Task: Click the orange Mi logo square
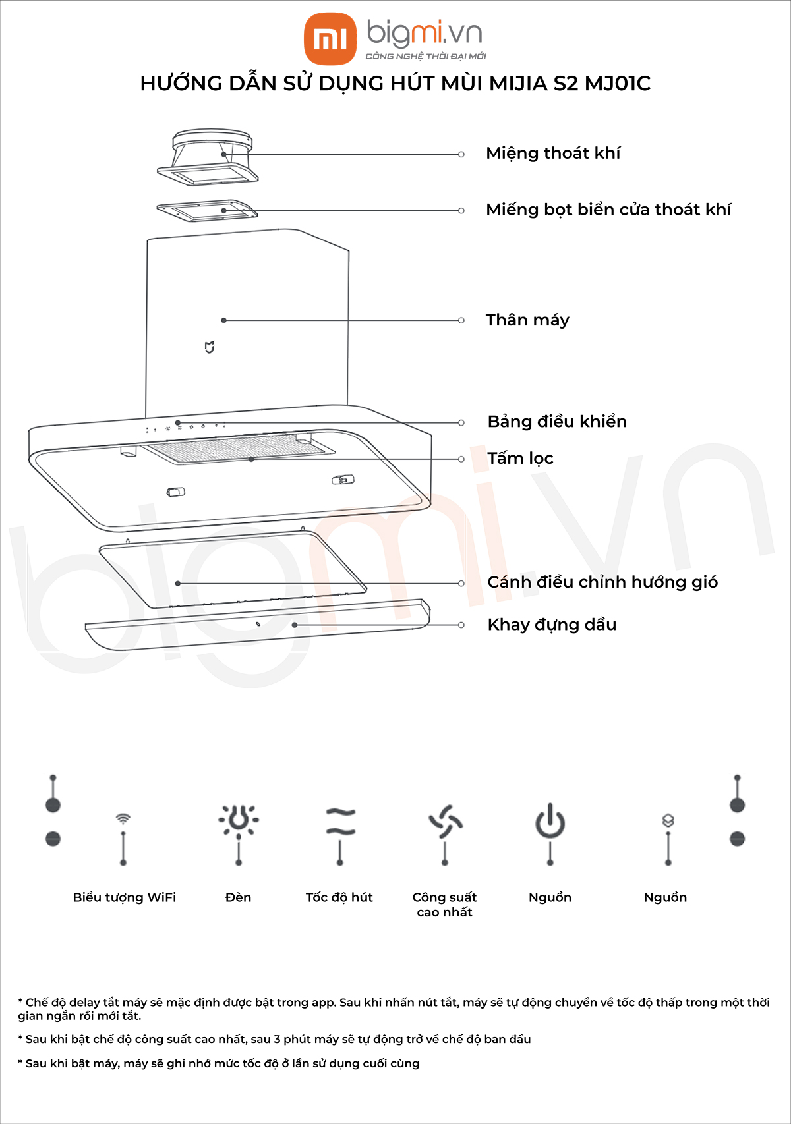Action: tap(330, 39)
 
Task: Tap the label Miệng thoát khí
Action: tap(552, 154)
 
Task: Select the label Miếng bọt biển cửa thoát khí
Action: tap(608, 210)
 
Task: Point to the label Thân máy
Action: tap(527, 320)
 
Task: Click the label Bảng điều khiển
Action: tap(557, 422)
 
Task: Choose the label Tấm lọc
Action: tap(520, 458)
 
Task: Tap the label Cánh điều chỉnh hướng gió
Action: tap(602, 582)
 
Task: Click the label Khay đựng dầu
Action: tap(552, 625)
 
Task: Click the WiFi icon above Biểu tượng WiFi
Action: tap(123, 818)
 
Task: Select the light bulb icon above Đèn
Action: tap(239, 820)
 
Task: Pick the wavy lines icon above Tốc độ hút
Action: tap(340, 822)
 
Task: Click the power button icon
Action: tap(550, 821)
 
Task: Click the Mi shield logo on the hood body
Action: tap(210, 347)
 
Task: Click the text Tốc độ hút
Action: tap(339, 897)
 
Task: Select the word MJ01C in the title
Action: tap(618, 83)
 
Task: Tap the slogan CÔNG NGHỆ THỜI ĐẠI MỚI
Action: tap(426, 56)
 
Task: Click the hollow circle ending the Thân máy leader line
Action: tap(461, 320)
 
